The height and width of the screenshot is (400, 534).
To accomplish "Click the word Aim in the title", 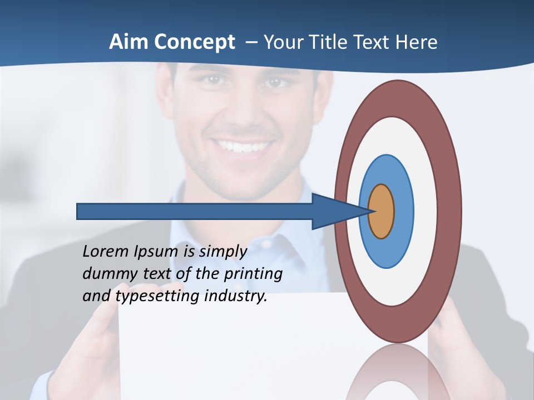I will coord(128,42).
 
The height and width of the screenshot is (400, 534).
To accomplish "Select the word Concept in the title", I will coord(194,42).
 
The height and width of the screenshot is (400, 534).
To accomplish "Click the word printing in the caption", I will coord(253,274).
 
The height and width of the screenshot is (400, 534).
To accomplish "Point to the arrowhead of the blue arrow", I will coord(339,211).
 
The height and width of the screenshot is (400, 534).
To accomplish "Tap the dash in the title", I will coord(251,43).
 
